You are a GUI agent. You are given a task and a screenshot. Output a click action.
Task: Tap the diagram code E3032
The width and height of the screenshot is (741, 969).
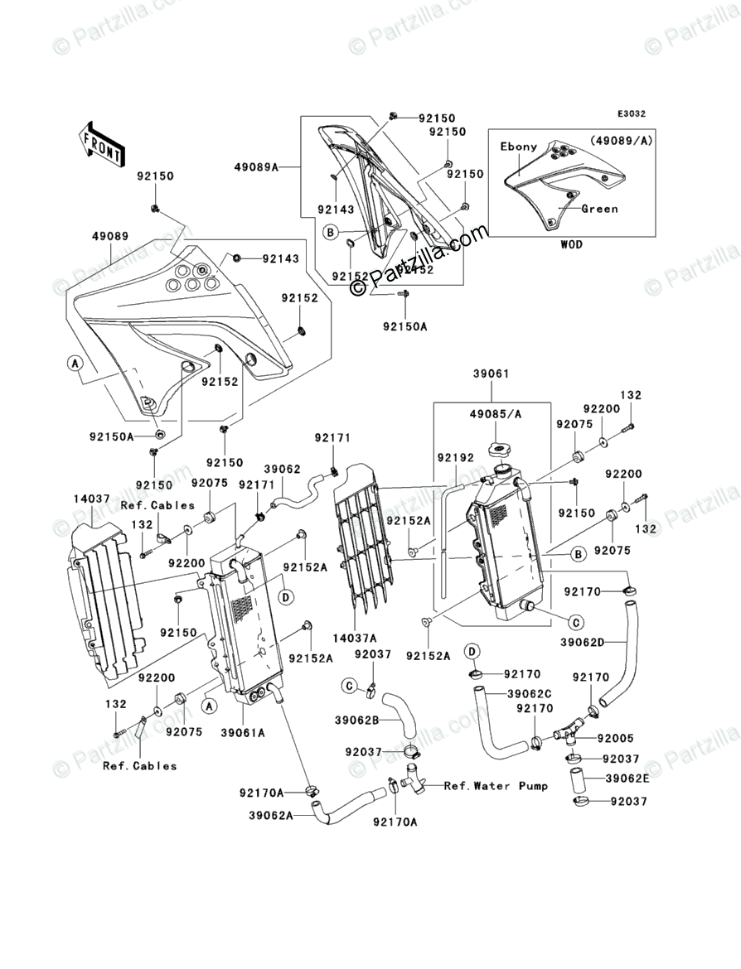tap(630, 114)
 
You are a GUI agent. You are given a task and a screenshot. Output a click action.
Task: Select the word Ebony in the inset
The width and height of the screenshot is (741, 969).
tap(519, 147)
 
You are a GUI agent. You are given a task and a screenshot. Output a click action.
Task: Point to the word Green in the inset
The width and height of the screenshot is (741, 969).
tap(599, 209)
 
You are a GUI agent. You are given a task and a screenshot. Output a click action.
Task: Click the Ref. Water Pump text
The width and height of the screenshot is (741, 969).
tap(496, 786)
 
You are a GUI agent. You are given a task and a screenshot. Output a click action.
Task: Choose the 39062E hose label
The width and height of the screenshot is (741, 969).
tap(627, 779)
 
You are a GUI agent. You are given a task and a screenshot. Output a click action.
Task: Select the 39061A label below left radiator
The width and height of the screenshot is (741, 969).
tap(244, 732)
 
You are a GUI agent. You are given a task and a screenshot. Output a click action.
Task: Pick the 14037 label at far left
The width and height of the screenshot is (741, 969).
tap(90, 499)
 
